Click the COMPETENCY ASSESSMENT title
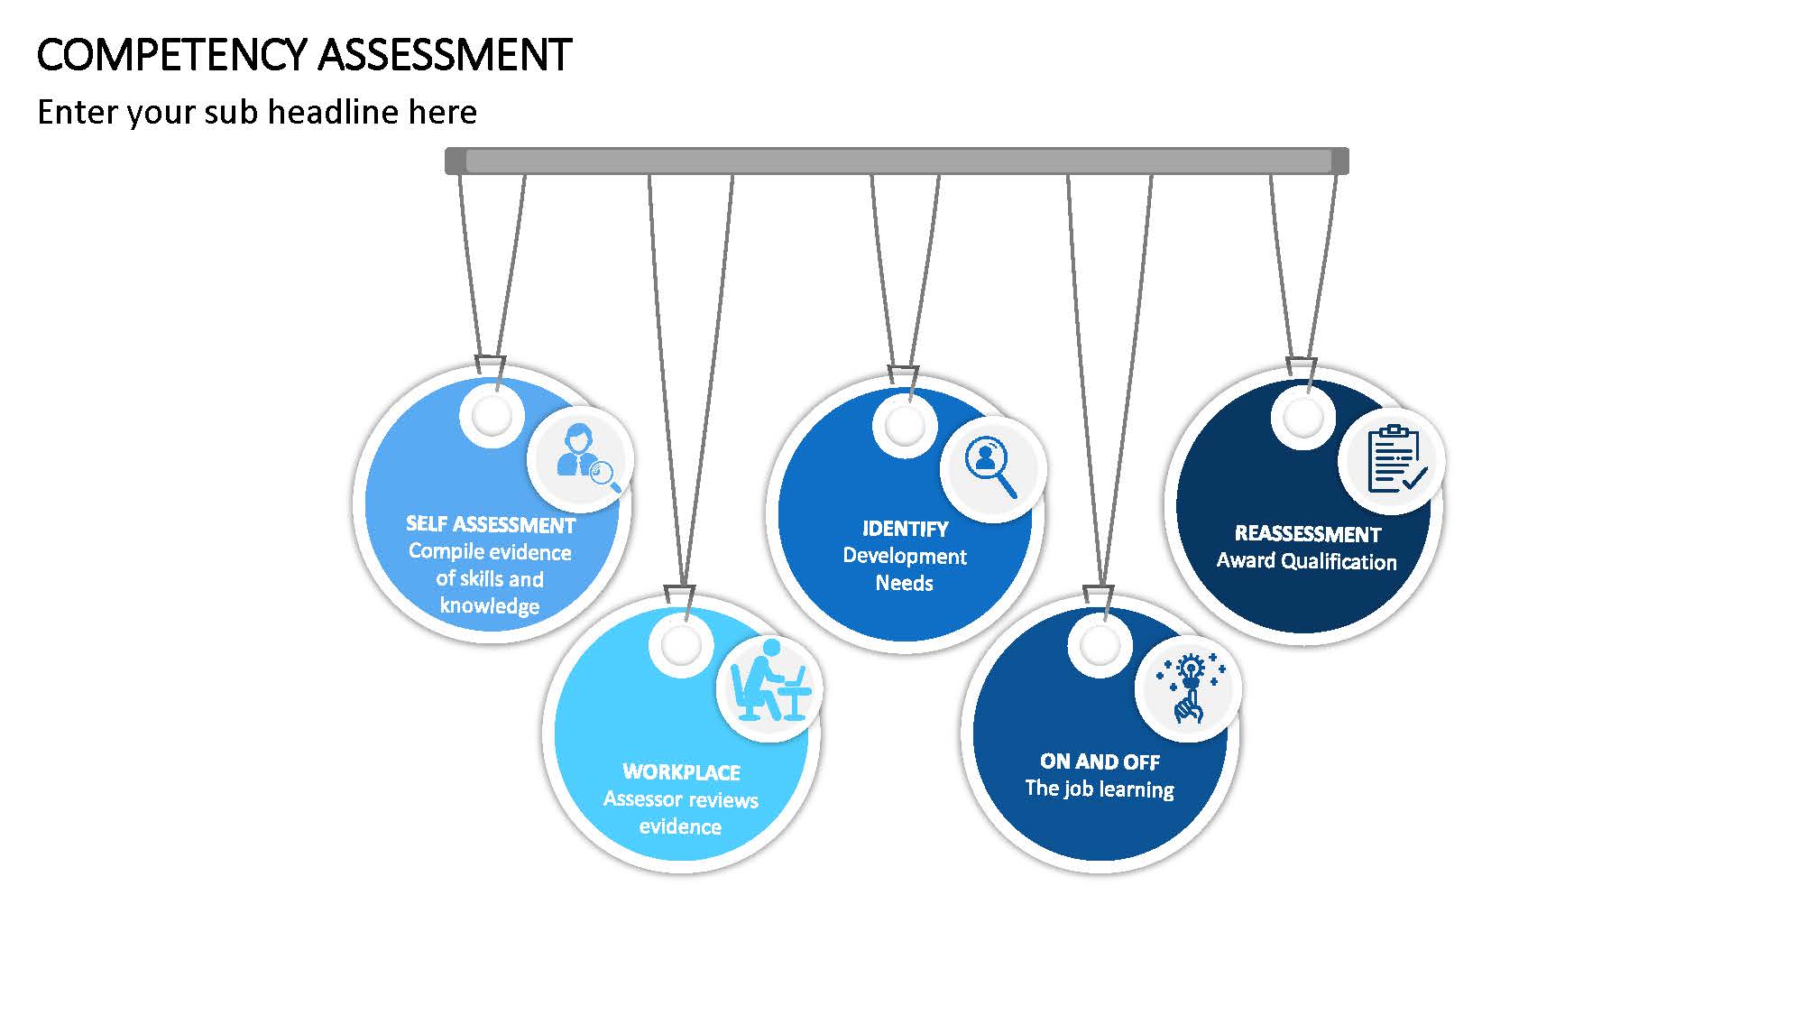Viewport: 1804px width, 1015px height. pyautogui.click(x=304, y=55)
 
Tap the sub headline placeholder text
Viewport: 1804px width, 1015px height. pyautogui.click(x=257, y=113)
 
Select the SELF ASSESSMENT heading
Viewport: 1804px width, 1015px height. pyautogui.click(x=491, y=524)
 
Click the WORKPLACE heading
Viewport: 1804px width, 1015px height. pyautogui.click(x=681, y=772)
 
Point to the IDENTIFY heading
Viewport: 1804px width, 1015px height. pyautogui.click(x=905, y=529)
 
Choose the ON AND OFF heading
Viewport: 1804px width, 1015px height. pyautogui.click(x=1100, y=762)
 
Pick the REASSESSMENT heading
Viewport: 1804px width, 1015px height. pyautogui.click(x=1308, y=533)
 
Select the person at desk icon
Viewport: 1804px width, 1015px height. pyautogui.click(x=769, y=680)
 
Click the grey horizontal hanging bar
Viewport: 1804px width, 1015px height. pyautogui.click(x=897, y=161)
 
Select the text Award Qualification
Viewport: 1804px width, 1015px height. pyautogui.click(x=1307, y=561)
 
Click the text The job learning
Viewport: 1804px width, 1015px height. pyautogui.click(x=1100, y=789)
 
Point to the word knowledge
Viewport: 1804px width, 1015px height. pyautogui.click(x=490, y=605)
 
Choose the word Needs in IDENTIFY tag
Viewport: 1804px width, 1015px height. pyautogui.click(x=905, y=583)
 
